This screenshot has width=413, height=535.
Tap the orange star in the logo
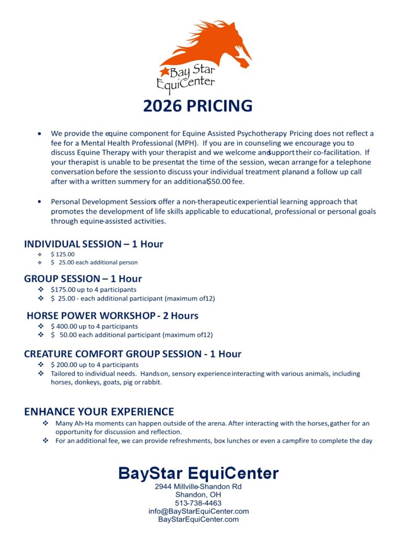point(164,71)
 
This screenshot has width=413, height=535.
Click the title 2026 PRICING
point(198,106)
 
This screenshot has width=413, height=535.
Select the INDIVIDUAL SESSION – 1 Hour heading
point(93,244)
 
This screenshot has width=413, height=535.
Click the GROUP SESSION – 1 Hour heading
point(83,278)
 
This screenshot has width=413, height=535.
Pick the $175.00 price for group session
point(64,289)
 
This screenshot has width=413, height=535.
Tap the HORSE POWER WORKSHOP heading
point(112,316)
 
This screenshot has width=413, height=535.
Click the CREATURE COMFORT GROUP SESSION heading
point(133,354)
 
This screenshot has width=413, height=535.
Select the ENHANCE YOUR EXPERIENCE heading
point(99,412)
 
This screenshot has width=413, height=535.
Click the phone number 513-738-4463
point(198,503)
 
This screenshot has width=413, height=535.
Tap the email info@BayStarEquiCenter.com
point(198,511)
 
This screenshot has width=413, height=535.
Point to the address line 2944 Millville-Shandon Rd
point(198,486)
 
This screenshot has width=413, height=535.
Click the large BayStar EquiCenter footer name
point(198,473)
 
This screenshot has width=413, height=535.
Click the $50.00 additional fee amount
point(220,181)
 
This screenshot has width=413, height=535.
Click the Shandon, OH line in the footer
point(198,495)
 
